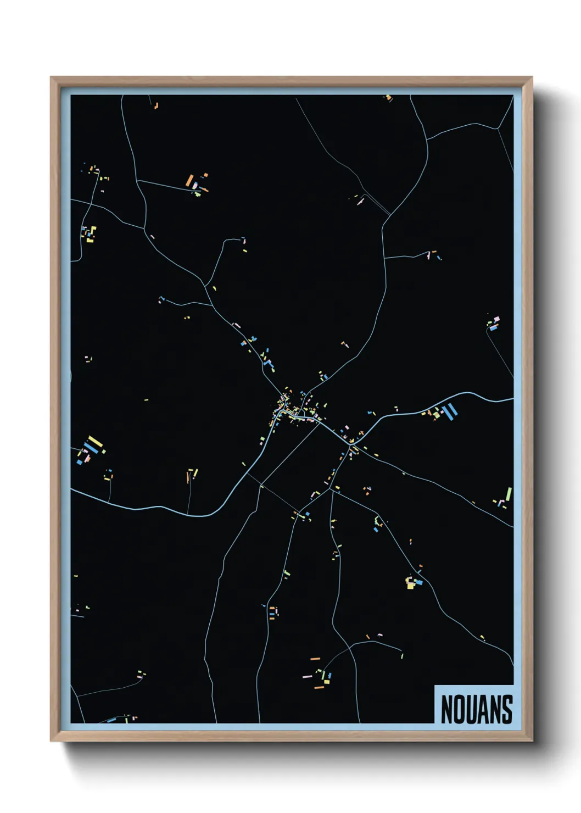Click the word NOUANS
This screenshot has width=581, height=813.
point(476,709)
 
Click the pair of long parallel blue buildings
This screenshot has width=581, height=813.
point(450,410)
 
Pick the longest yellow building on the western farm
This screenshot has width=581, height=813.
point(95,442)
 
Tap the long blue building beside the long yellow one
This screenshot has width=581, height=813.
point(91,448)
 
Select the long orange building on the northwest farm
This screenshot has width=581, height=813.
point(189,180)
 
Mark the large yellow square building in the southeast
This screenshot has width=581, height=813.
point(410,584)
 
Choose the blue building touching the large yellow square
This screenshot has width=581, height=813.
point(418,582)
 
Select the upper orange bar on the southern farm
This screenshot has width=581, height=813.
point(315,658)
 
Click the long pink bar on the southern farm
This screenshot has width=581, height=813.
point(307,676)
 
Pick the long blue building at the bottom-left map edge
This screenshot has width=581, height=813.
point(111,720)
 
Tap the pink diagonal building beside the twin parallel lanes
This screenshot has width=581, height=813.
point(360,202)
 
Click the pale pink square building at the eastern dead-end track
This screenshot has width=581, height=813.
point(497,319)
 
